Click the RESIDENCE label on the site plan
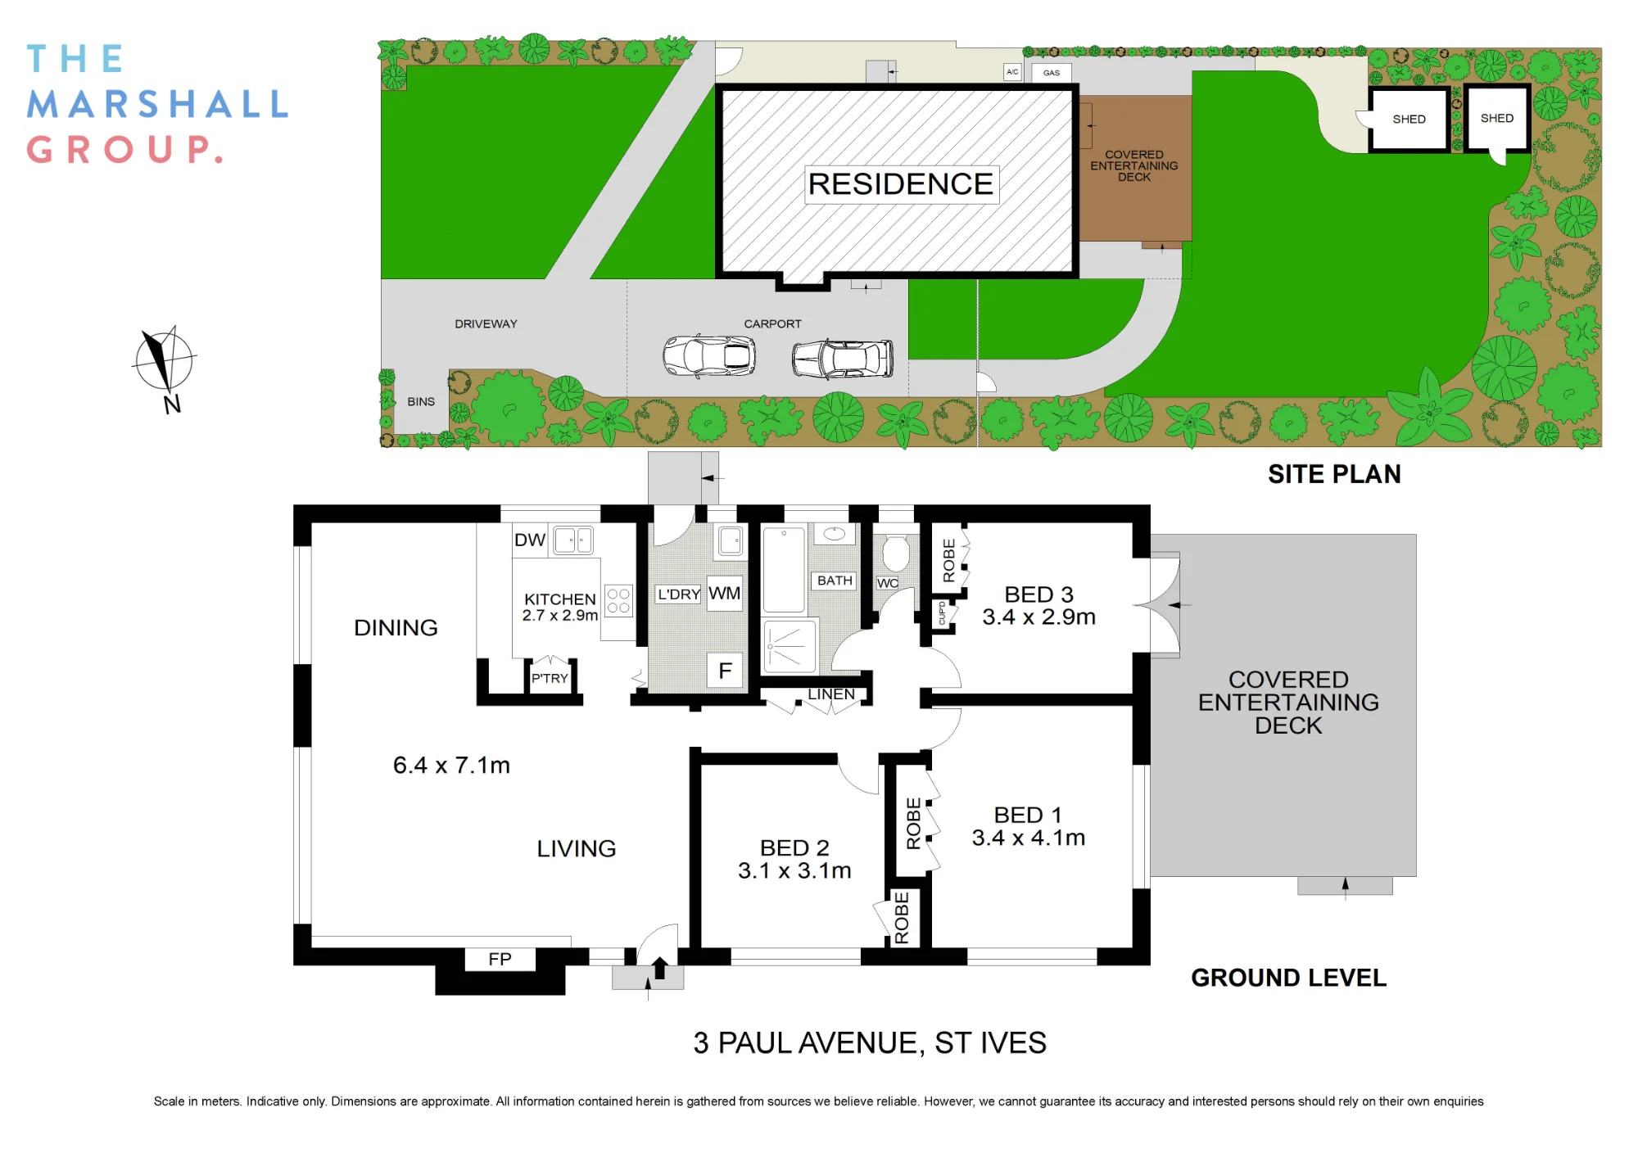tap(901, 184)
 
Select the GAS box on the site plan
tap(1052, 73)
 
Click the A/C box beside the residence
tap(1012, 72)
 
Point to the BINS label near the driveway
tap(421, 402)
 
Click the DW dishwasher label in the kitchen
tap(530, 540)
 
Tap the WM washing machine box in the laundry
tap(725, 594)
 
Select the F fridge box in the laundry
tap(725, 671)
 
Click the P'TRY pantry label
tap(550, 678)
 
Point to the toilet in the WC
tap(895, 553)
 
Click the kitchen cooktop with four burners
tap(618, 601)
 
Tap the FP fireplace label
tap(500, 959)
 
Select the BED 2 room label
tap(794, 847)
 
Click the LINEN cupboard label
tap(831, 694)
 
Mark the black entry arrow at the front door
tap(659, 968)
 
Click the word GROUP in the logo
tap(124, 150)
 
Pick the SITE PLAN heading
tap(1334, 474)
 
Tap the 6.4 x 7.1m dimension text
tap(451, 765)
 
